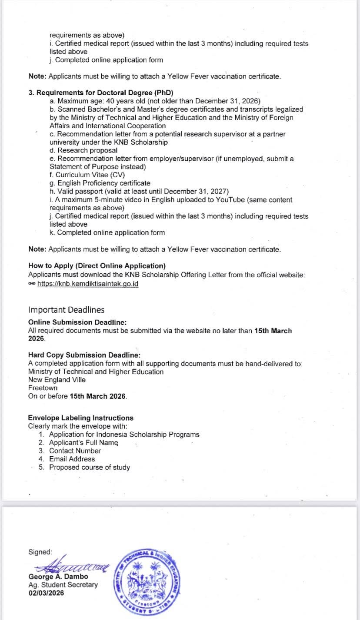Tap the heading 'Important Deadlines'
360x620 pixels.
(x=66, y=310)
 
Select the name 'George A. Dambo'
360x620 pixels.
(x=58, y=577)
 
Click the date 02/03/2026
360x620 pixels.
(x=46, y=593)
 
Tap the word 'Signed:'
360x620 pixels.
(x=40, y=552)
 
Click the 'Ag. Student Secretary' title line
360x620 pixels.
(x=63, y=585)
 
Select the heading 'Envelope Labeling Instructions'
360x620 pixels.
(x=81, y=418)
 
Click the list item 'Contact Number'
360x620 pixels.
(x=75, y=451)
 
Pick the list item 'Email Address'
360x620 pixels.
(x=72, y=459)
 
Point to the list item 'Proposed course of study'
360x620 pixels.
(x=89, y=467)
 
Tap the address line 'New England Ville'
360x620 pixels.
(x=57, y=380)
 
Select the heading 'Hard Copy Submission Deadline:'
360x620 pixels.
(x=84, y=355)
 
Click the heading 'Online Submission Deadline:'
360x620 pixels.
(x=77, y=322)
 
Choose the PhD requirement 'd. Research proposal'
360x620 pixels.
(x=83, y=150)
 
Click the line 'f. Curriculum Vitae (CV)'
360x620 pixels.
(x=87, y=175)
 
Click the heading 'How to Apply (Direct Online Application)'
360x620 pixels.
(x=97, y=265)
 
